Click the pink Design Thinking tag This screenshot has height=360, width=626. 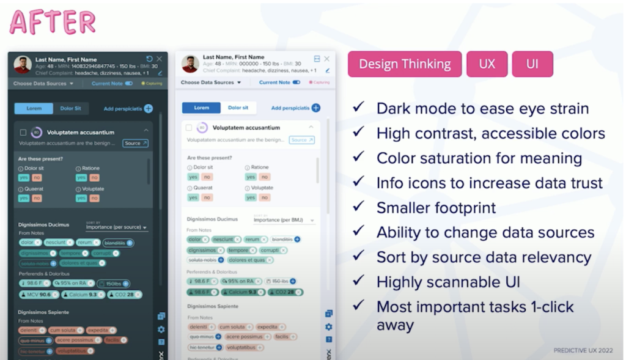click(x=404, y=64)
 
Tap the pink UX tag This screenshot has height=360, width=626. click(x=487, y=64)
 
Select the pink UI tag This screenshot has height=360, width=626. click(x=532, y=64)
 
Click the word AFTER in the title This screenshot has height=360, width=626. click(x=53, y=22)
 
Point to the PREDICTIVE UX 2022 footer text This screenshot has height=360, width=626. click(x=583, y=350)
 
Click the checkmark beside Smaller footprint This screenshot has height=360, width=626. click(x=359, y=207)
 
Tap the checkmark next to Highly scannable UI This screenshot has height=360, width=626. click(x=359, y=281)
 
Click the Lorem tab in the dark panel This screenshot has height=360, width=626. click(x=34, y=109)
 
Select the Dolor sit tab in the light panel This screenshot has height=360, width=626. click(x=238, y=108)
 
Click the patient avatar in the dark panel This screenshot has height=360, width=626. click(x=23, y=65)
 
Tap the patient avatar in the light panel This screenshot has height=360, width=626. click(x=190, y=64)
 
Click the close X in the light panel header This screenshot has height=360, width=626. click(x=327, y=59)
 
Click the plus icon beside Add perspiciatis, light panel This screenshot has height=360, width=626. click(x=316, y=108)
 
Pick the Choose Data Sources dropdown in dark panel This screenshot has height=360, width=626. click(x=43, y=84)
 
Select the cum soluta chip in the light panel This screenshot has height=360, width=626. click(x=232, y=327)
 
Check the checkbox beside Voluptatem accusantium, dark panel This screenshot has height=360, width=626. click(x=23, y=132)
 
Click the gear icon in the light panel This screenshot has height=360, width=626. click(x=329, y=327)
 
